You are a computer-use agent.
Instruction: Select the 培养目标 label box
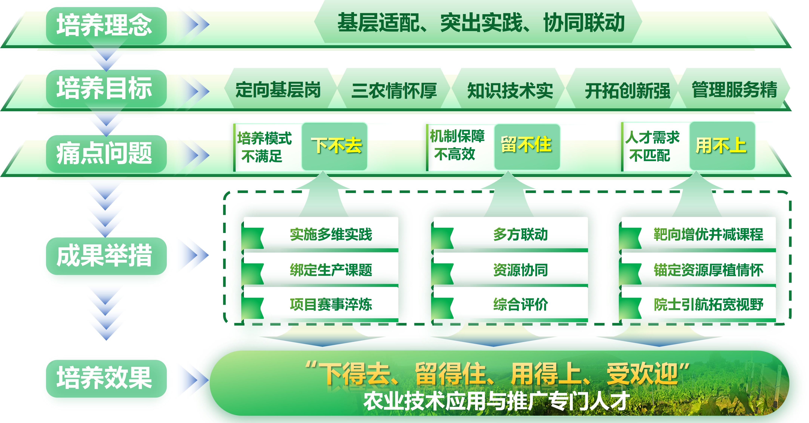tap(106, 88)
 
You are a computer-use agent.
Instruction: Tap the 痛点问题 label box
tap(106, 154)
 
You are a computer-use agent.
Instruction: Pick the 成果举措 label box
tap(106, 256)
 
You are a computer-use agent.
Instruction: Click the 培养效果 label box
tap(106, 378)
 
